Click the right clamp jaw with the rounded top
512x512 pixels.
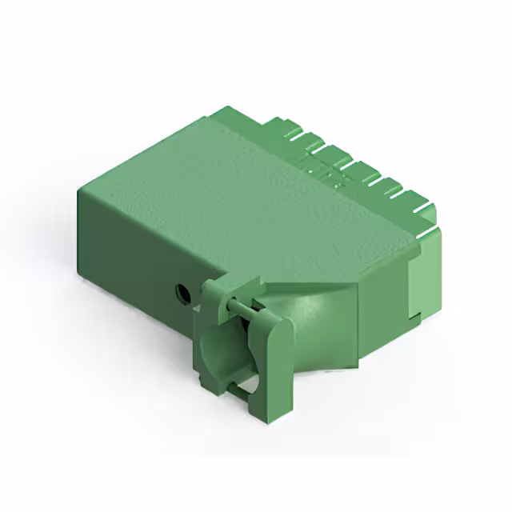(x=270, y=360)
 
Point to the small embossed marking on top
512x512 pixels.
(x=328, y=172)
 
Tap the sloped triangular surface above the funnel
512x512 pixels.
(x=312, y=276)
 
